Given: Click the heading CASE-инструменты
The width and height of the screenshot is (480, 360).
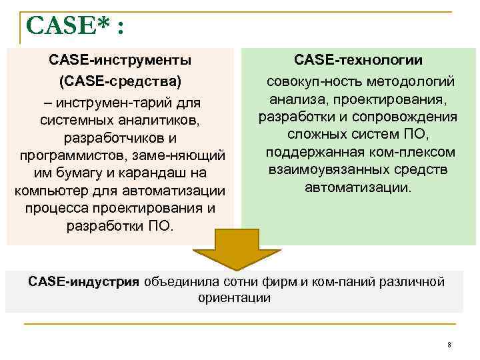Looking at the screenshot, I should point(121,61).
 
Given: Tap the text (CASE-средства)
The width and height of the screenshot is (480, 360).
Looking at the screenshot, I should point(121,82).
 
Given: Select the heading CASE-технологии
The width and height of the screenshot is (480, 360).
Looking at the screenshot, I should point(359,61).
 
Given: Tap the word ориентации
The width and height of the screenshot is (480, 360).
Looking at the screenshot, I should point(234,297).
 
